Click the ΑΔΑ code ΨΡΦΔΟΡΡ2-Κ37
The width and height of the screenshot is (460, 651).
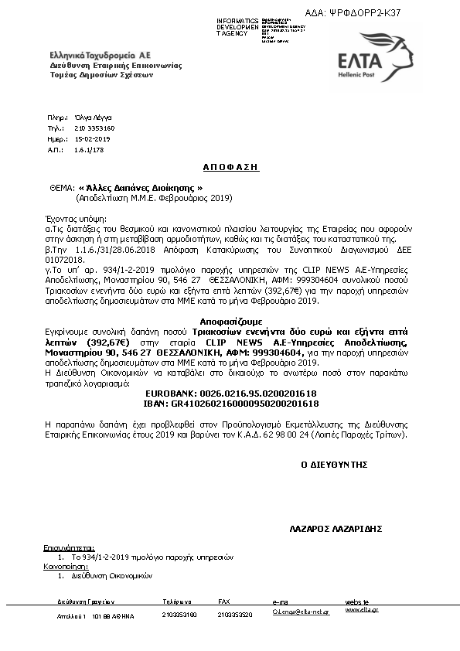pos(376,13)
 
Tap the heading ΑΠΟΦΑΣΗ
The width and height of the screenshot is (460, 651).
pos(230,166)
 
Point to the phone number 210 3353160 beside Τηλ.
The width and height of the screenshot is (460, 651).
pos(94,128)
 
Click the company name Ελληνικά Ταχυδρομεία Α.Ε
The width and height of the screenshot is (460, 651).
pos(100,56)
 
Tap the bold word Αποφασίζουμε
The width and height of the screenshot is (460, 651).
pos(230,319)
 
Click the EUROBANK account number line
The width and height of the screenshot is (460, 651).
pos(231,394)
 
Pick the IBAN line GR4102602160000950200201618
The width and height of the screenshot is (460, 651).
pos(231,404)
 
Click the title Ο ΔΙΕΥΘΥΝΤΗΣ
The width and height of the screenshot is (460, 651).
pos(333,465)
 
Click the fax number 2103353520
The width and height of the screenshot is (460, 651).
pos(233,615)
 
